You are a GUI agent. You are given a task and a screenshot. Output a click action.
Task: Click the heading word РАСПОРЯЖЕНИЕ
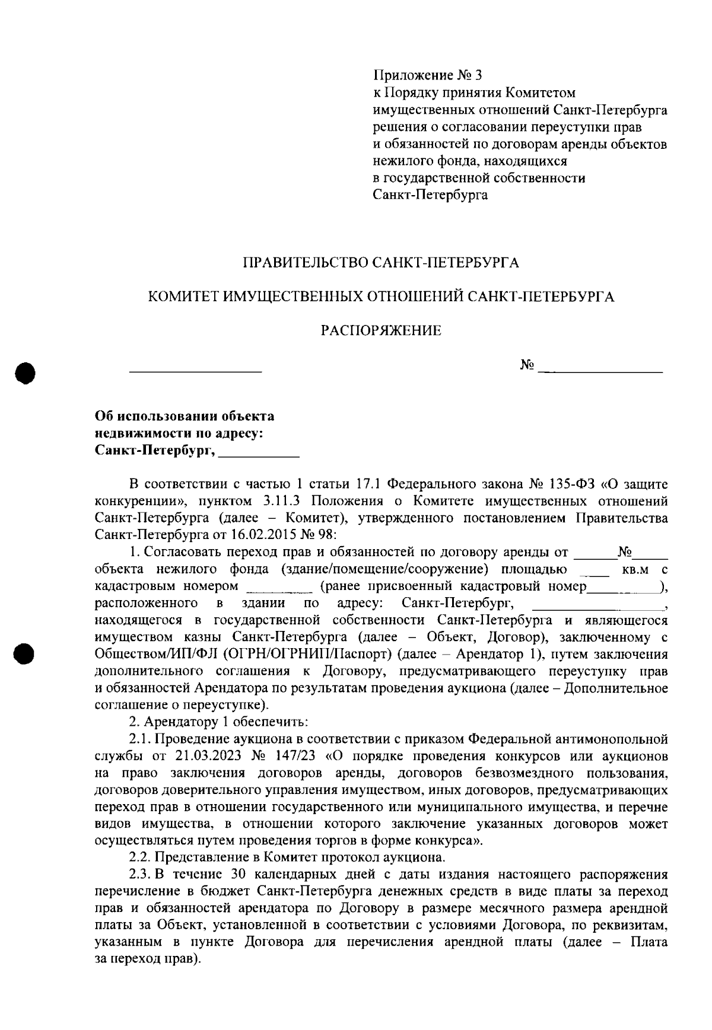coord(381,331)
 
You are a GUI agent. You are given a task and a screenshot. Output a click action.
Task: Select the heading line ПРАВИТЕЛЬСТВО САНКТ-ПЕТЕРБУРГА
coord(381,263)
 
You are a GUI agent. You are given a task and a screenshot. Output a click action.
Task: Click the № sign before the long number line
coord(527,365)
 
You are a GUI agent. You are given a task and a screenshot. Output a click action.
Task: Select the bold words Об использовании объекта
coord(185,416)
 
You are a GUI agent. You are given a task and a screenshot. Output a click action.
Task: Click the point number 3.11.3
coord(283,501)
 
